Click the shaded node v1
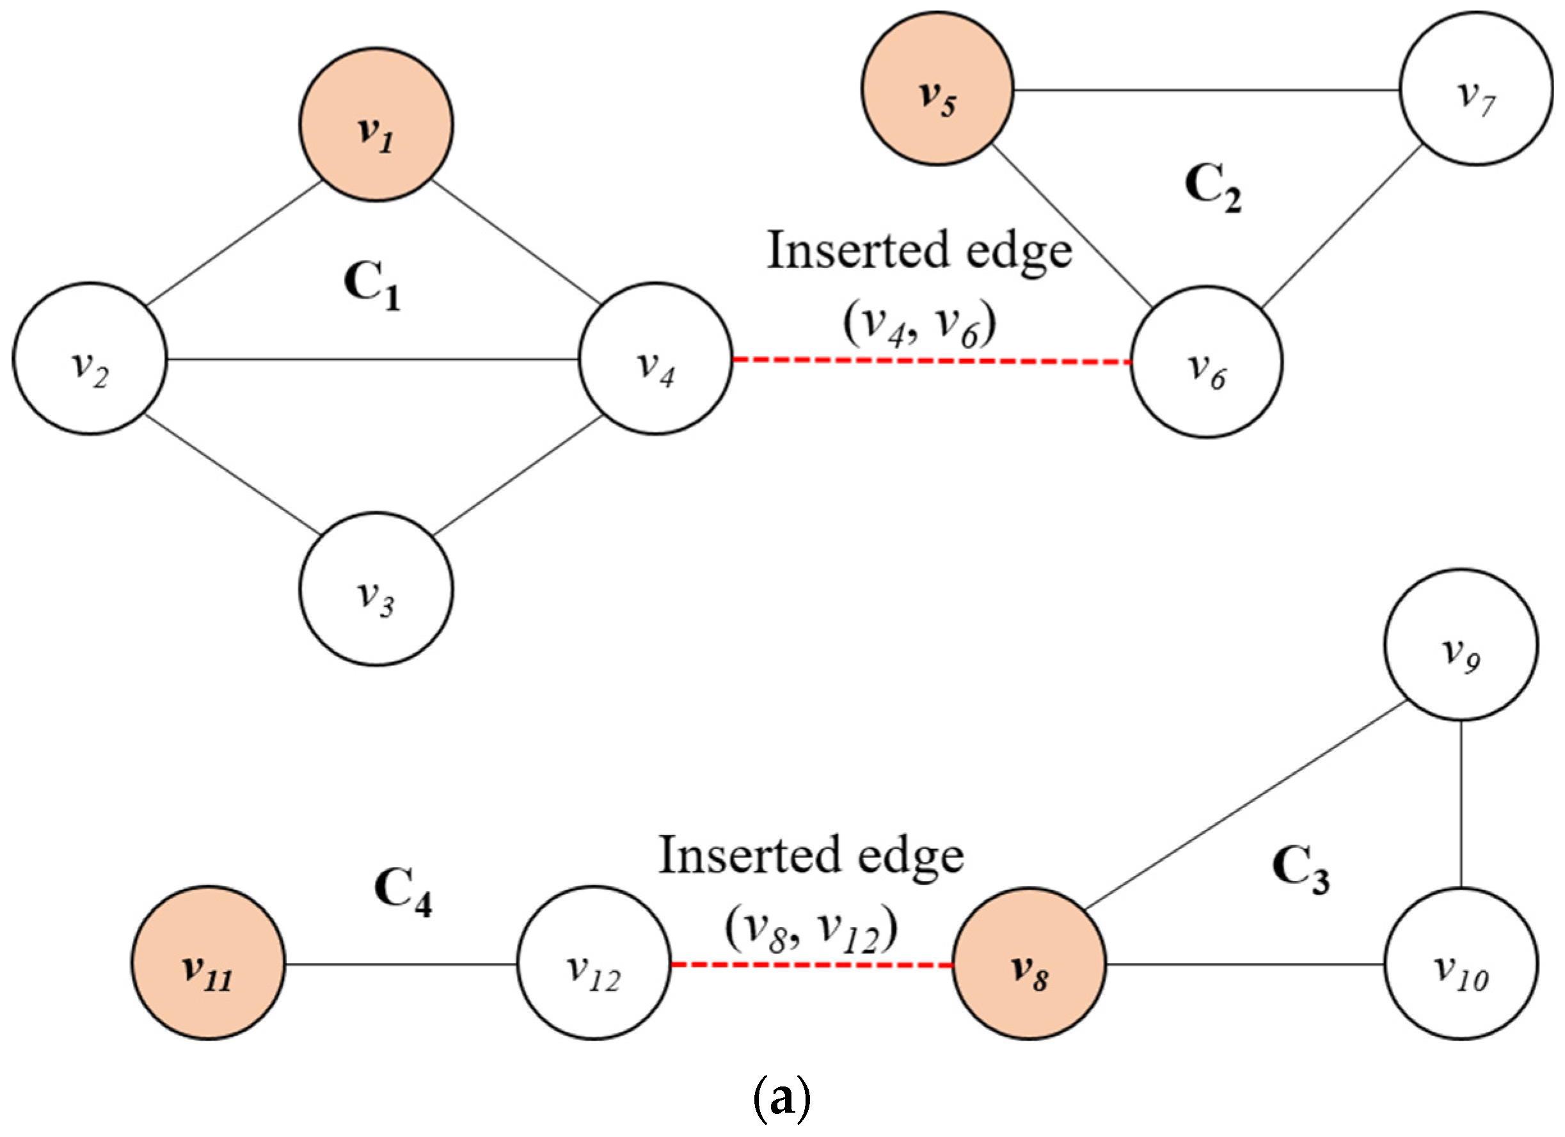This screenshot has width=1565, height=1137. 376,124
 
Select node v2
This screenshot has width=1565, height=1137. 90,359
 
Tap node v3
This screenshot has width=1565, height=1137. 376,589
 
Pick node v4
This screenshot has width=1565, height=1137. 656,359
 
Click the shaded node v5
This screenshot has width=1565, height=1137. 937,88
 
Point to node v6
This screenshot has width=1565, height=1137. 1206,362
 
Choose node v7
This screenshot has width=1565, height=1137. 1476,88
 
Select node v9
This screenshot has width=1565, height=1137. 1461,644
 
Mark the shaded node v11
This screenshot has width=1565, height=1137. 209,963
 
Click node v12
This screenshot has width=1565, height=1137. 593,963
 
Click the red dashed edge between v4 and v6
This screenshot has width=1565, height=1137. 932,360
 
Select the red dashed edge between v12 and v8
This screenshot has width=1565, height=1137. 811,964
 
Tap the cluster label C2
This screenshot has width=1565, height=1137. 1213,187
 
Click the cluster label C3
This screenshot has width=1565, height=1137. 1301,871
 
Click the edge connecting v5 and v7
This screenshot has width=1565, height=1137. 1206,90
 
